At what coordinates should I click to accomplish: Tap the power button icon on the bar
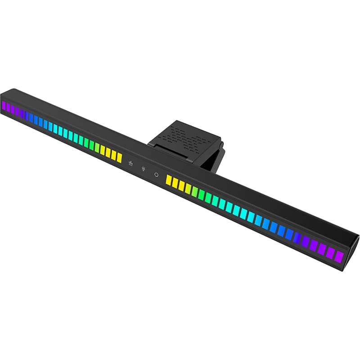point(156,174)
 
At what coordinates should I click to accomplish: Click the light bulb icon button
point(144,169)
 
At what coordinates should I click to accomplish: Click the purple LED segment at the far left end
point(3,106)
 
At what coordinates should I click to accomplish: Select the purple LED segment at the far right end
point(339,256)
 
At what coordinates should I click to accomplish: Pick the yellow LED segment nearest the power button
point(169,180)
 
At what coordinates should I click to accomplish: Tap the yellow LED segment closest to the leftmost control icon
point(120,157)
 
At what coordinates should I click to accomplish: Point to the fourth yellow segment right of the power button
point(188,189)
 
